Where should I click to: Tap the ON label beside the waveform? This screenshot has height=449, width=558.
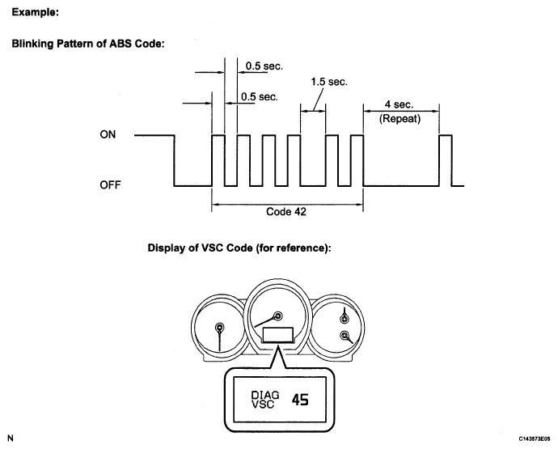tap(108, 136)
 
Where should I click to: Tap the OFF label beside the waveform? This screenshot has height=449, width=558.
tap(110, 185)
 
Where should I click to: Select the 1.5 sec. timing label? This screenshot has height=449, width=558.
tap(328, 83)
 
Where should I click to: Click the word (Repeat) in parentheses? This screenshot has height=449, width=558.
tap(399, 118)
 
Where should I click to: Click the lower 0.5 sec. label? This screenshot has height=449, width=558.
tap(259, 97)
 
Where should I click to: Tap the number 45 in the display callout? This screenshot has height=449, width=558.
tap(300, 400)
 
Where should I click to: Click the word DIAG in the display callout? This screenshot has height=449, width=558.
tap(255, 394)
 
